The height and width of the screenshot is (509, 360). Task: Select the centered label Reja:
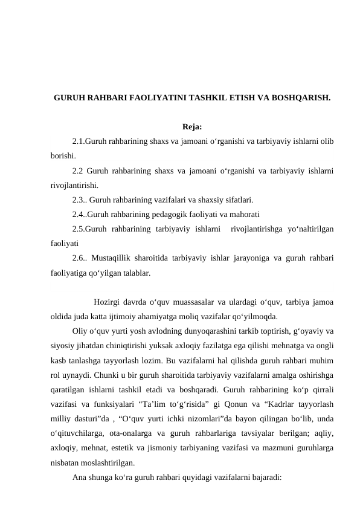pos(191,127)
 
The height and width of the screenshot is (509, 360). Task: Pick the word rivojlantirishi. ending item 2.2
pos(75,186)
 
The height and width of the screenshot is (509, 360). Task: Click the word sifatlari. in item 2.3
pos(237,199)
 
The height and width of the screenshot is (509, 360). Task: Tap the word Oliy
pos(80,331)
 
